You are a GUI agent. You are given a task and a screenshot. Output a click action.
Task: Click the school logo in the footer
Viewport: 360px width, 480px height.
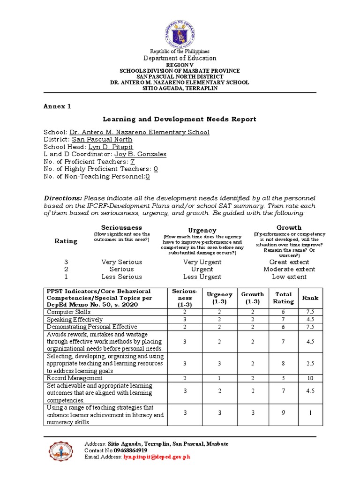click(x=61, y=451)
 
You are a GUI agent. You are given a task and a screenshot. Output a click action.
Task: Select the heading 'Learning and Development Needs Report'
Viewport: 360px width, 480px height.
click(x=180, y=119)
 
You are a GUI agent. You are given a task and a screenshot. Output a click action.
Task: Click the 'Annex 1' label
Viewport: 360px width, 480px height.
click(x=57, y=106)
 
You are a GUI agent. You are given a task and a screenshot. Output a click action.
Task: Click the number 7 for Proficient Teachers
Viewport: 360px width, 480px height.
click(x=132, y=162)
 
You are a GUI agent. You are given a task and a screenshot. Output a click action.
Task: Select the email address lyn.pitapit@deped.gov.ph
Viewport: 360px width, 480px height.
click(x=157, y=457)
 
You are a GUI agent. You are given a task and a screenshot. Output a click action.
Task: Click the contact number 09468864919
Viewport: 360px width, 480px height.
click(x=120, y=450)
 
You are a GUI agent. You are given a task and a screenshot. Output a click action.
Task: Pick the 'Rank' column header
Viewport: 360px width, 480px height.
click(x=310, y=298)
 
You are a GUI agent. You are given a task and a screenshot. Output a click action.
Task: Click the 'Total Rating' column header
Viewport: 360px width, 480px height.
click(x=283, y=298)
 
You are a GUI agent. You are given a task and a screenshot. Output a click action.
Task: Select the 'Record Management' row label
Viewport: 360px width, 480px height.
click(x=74, y=378)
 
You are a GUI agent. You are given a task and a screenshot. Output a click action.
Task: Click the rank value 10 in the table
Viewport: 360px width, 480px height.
click(x=310, y=378)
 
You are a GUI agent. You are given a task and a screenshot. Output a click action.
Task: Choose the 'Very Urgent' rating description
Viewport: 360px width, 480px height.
click(x=202, y=262)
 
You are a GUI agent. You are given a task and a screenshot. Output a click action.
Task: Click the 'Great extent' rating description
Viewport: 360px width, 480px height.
click(x=289, y=262)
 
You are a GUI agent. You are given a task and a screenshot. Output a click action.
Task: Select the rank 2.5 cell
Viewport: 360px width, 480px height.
click(x=310, y=364)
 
